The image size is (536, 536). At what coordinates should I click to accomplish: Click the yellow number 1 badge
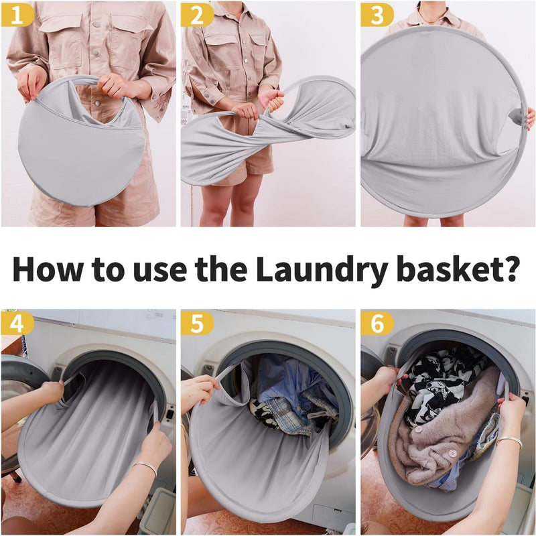[x=17, y=14]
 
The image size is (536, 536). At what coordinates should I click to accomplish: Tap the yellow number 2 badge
[x=196, y=14]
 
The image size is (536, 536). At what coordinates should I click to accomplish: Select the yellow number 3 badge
[x=377, y=14]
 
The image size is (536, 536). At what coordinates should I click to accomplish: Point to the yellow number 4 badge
[x=17, y=324]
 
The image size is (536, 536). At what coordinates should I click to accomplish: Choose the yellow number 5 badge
[x=196, y=324]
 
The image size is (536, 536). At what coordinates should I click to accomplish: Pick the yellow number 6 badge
[x=377, y=324]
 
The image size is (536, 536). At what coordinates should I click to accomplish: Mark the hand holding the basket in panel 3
[x=529, y=118]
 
